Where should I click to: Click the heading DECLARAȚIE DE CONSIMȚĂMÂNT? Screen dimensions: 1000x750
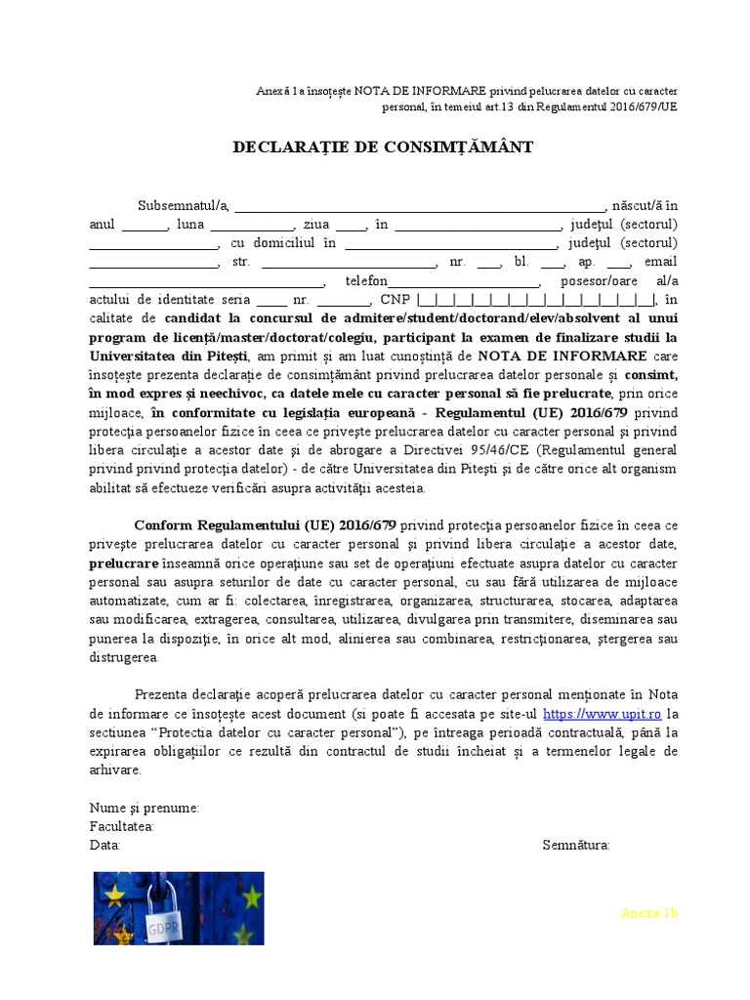pyautogui.click(x=383, y=147)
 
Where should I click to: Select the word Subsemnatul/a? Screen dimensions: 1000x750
pyautogui.click(x=183, y=206)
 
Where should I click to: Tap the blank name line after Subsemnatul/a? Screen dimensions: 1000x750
pyautogui.click(x=420, y=208)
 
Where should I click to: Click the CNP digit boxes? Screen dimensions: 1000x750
pyautogui.click(x=536, y=300)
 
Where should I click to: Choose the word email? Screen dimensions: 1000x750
pyautogui.click(x=660, y=262)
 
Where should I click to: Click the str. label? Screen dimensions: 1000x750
pyautogui.click(x=242, y=263)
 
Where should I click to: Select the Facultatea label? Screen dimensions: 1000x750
pyautogui.click(x=122, y=826)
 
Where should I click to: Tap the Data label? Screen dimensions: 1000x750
pyautogui.click(x=104, y=845)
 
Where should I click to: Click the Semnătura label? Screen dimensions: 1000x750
pyautogui.click(x=576, y=845)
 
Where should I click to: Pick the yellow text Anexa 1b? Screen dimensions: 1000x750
pyautogui.click(x=648, y=913)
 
